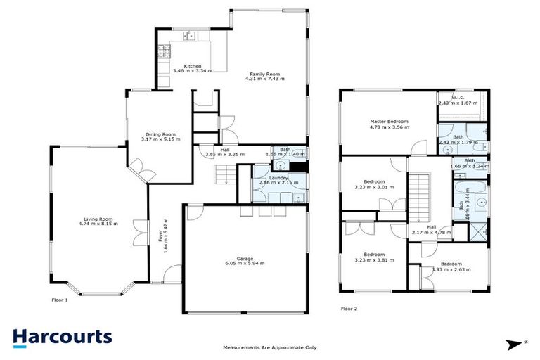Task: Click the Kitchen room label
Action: click(x=173, y=66)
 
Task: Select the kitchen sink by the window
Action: click(x=189, y=36)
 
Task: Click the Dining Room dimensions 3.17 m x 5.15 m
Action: click(x=160, y=139)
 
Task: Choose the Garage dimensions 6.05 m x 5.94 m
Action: click(x=244, y=263)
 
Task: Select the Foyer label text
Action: click(x=160, y=236)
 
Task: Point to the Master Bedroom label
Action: click(x=389, y=122)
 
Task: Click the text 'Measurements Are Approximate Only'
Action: click(x=269, y=347)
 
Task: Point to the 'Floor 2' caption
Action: click(x=349, y=308)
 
